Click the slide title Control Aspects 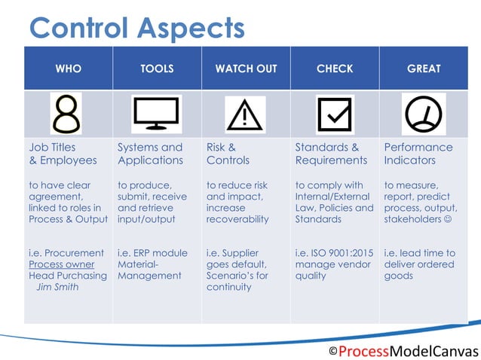coord(136,28)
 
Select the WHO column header coord(69,69)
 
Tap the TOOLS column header coord(157,69)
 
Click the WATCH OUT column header coord(246,69)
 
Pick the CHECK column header coord(335,69)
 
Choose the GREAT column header coord(424,69)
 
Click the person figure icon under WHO coord(67,114)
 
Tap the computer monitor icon coord(156,114)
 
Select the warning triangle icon coord(245,114)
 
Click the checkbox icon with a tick coord(334,114)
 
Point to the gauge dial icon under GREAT coord(423,114)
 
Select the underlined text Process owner coord(62,264)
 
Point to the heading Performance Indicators coord(418,154)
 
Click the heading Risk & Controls coord(228,154)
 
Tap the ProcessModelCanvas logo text coord(403,351)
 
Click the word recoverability coord(237,219)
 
